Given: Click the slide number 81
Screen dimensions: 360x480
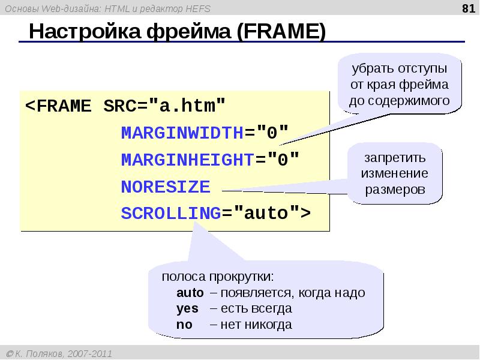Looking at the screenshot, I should tap(467, 8).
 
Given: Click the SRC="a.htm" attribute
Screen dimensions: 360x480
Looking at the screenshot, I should tap(165, 107).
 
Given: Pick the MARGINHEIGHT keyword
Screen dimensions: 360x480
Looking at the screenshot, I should tap(187, 160).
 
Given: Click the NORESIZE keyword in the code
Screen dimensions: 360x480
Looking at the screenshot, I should tap(166, 187).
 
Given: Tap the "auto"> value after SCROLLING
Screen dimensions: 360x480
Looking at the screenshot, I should tap(272, 213).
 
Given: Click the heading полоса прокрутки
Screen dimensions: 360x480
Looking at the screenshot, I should tap(217, 278).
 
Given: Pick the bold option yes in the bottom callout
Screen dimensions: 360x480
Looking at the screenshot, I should tap(187, 309).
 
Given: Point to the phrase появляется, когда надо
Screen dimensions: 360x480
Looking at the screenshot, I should tap(292, 293).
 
